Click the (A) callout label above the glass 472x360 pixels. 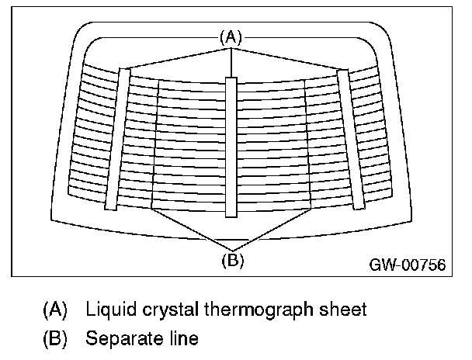231,36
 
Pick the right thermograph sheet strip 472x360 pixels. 350,138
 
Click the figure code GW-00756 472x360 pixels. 407,265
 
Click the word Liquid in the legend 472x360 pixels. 108,310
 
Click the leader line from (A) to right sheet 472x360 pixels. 287,58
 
